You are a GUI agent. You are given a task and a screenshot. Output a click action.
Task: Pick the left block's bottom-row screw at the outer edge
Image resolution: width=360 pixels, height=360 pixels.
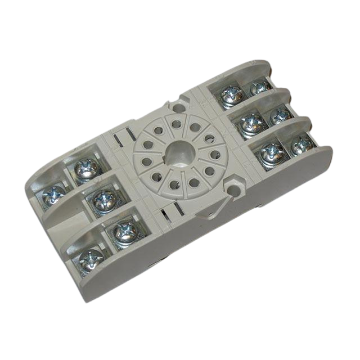pyautogui.click(x=91, y=259)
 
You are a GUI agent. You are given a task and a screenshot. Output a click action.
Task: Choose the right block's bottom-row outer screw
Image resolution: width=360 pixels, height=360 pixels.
pyautogui.click(x=301, y=145)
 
